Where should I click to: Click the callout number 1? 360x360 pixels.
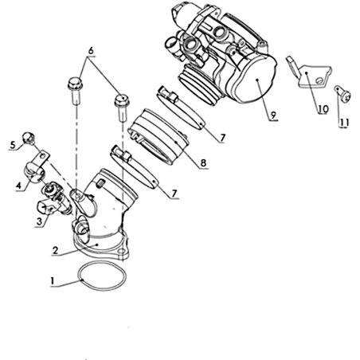tap(53, 281)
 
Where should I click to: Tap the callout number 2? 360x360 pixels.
tap(56, 250)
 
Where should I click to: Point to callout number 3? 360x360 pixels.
tap(40, 221)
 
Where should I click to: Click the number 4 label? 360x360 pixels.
tap(18, 185)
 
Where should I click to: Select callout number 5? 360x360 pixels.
tap(13, 145)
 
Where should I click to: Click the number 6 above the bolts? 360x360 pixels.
tap(91, 50)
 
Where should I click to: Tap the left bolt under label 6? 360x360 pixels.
tap(75, 90)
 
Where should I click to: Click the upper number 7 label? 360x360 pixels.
tap(222, 138)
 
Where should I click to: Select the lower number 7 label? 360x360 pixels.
tap(174, 194)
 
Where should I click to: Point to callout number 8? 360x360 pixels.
tap(203, 163)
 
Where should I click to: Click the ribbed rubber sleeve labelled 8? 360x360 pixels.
tap(158, 136)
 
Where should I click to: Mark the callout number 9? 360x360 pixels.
tap(273, 115)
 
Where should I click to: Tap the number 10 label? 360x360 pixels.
tap(323, 108)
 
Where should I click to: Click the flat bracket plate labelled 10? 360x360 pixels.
tap(309, 72)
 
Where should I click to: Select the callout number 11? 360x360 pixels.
tap(344, 123)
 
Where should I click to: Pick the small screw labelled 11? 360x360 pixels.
tap(343, 93)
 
